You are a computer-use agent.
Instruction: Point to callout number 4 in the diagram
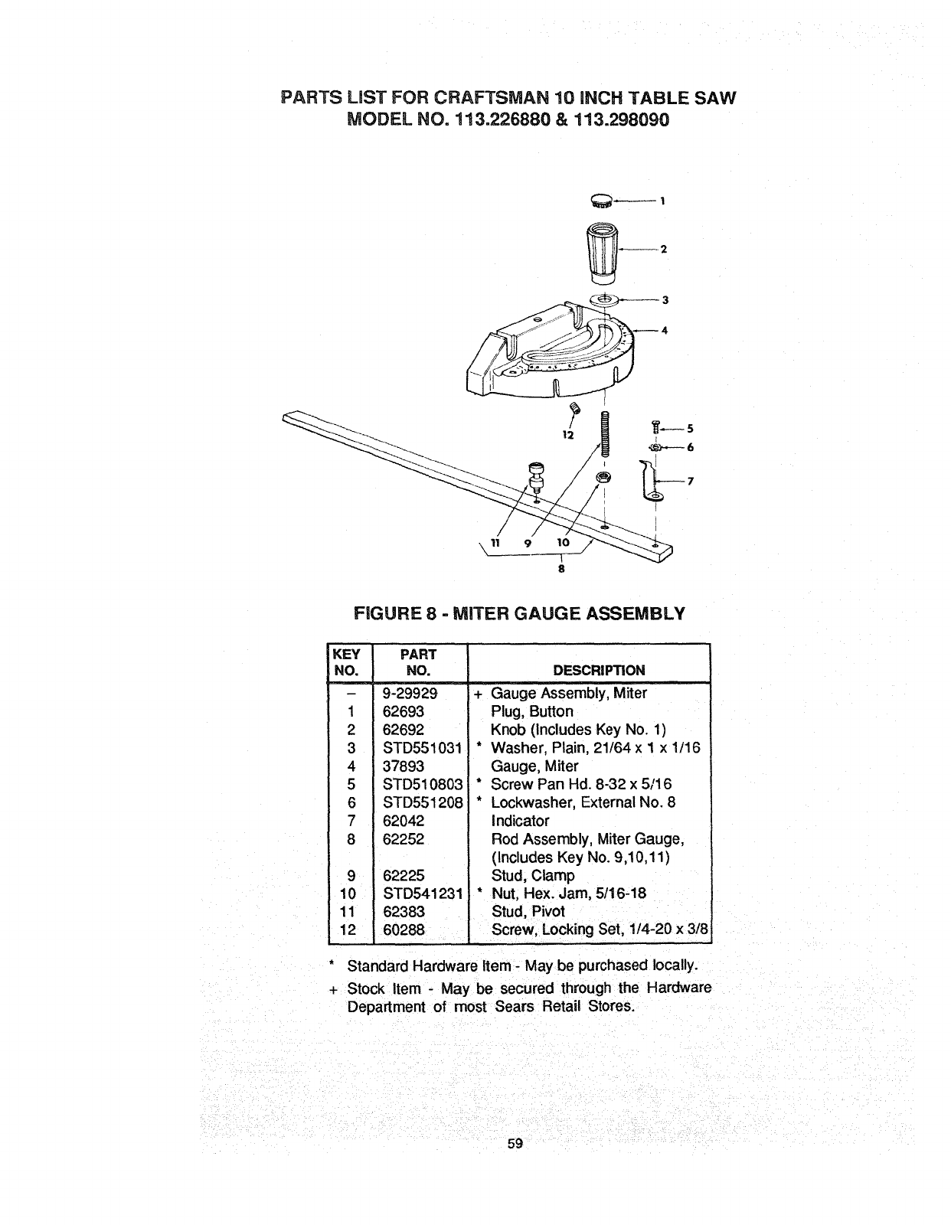pyautogui.click(x=664, y=331)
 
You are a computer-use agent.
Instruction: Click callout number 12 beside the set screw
pyautogui.click(x=567, y=435)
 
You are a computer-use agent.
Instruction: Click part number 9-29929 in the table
pyautogui.click(x=410, y=694)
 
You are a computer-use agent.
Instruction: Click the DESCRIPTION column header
pyautogui.click(x=599, y=671)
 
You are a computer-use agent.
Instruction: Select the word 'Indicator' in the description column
pyautogui.click(x=520, y=821)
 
